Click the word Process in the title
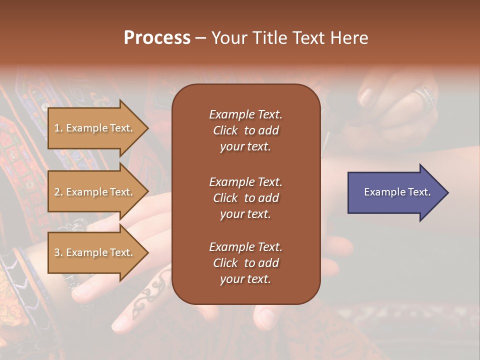[x=157, y=38]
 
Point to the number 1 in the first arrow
[x=57, y=128]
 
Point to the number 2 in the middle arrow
[x=57, y=192]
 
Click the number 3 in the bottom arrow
[x=57, y=252]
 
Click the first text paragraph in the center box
[x=245, y=130]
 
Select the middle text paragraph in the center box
[x=245, y=197]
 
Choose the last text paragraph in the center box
[x=245, y=263]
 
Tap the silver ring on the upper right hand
[x=423, y=97]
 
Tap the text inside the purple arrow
[x=397, y=192]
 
